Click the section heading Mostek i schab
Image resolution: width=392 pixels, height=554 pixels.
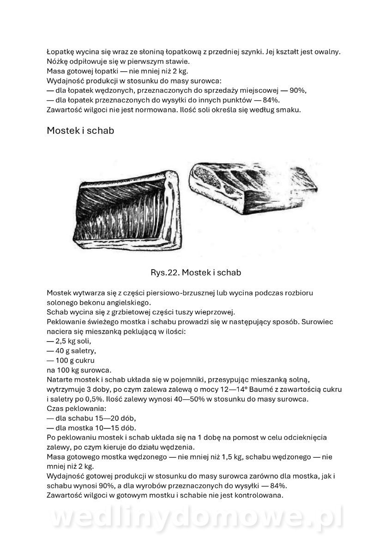pos(80,131)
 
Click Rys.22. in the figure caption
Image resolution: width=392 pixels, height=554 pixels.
pos(164,272)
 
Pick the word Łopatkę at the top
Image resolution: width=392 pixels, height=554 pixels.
pos(62,52)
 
